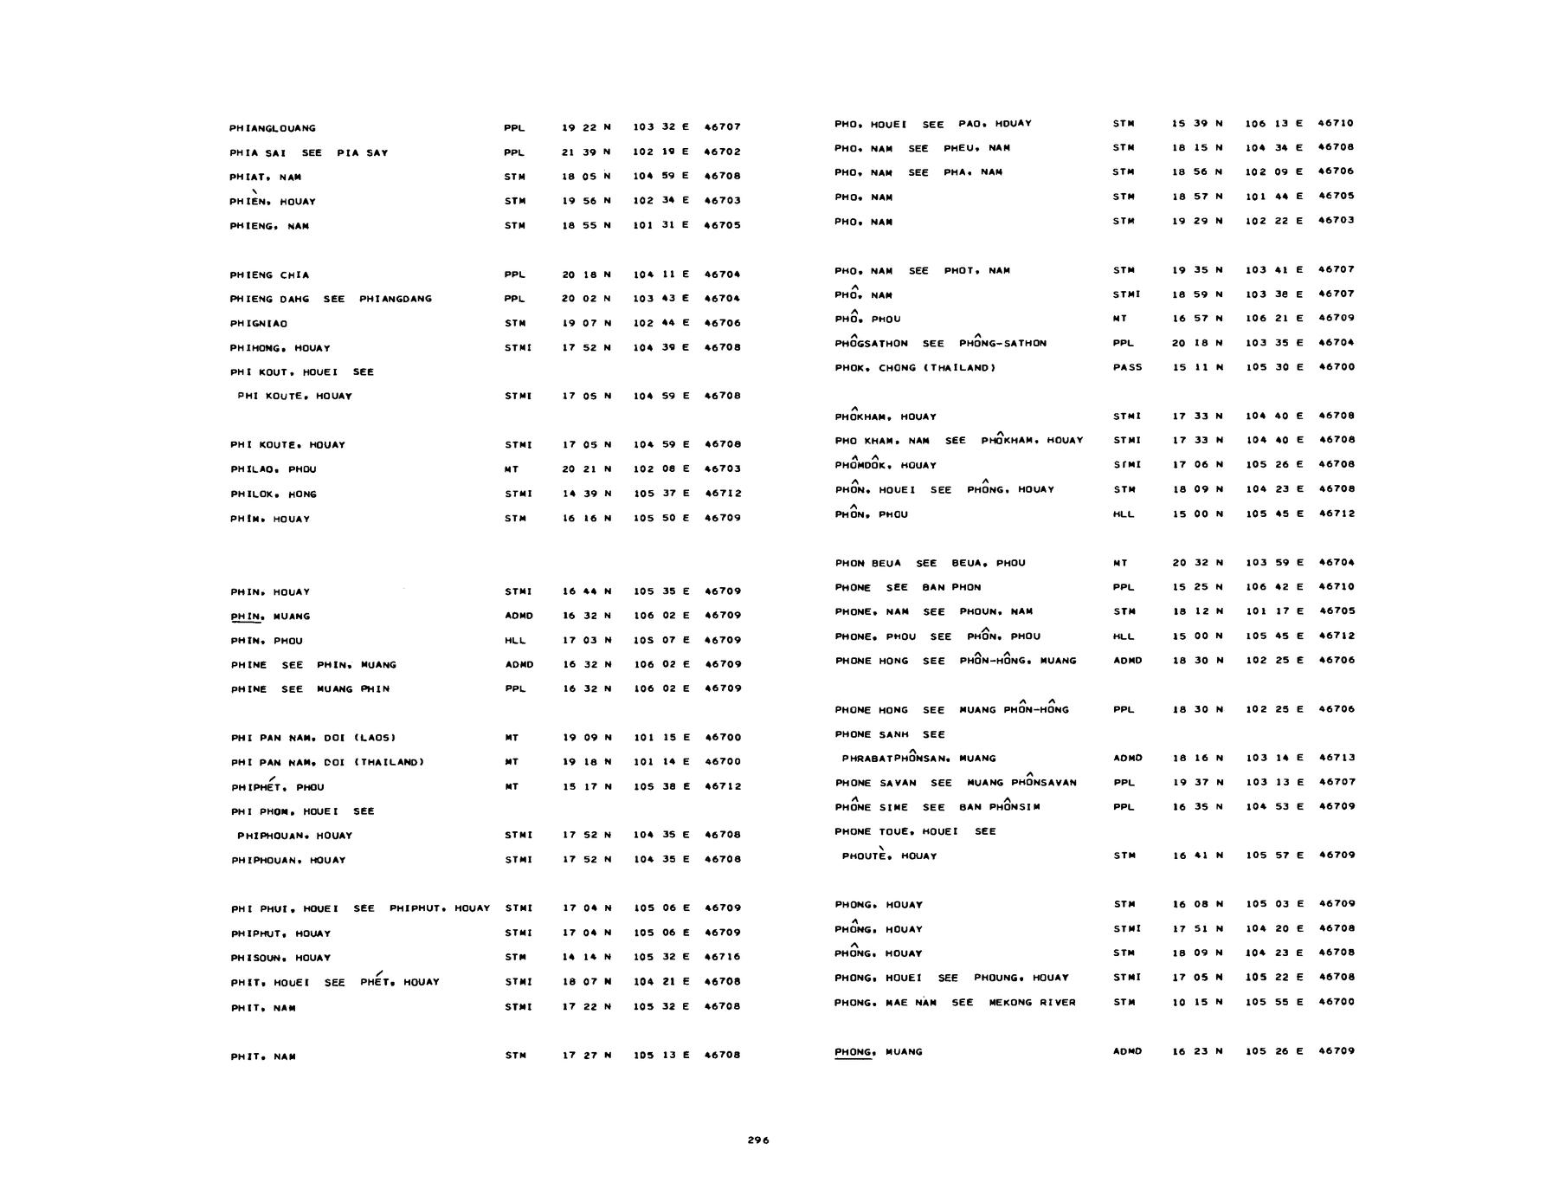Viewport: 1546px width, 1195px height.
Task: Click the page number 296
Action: (757, 1140)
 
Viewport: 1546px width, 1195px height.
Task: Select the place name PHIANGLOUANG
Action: (272, 128)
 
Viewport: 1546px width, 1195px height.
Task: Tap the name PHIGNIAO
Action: (259, 324)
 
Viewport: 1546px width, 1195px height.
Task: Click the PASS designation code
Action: (1127, 367)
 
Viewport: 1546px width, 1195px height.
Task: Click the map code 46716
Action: (722, 957)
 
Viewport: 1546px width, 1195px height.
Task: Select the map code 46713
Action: (1336, 758)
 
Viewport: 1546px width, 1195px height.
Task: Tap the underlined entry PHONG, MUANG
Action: (878, 1052)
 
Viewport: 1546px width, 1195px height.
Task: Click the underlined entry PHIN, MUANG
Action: (269, 617)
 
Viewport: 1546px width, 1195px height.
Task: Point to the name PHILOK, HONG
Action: (273, 494)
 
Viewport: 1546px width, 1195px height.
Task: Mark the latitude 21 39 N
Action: (586, 152)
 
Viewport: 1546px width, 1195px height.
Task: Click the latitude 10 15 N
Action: (1197, 1002)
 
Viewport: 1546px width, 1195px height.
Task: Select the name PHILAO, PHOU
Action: (273, 469)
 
